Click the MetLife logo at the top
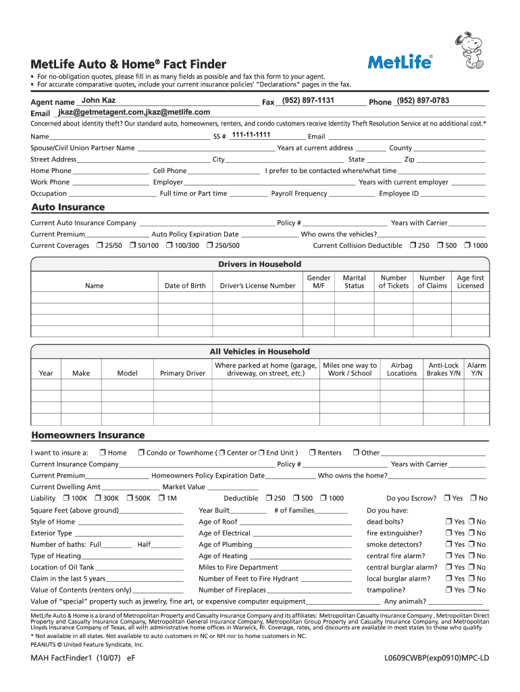coord(400,62)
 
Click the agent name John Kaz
coord(99,101)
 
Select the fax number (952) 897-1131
coord(308,101)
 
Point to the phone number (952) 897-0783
coord(423,101)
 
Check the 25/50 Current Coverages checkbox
coord(99,245)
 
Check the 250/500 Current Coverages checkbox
coord(210,245)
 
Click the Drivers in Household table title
coord(259,264)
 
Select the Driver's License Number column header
coord(257,286)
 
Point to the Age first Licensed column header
coord(470,282)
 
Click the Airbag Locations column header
coord(402,369)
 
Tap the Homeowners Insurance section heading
coord(88,435)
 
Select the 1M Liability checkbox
coord(161,498)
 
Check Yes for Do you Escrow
coord(446,498)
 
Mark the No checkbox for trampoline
coord(471,590)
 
